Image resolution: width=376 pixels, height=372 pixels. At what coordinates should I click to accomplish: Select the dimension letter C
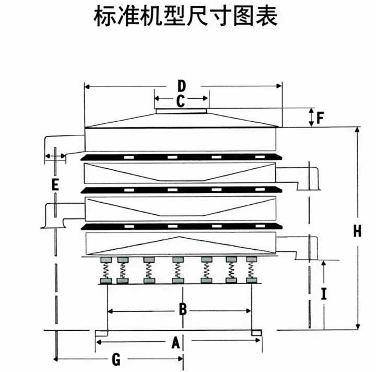180,101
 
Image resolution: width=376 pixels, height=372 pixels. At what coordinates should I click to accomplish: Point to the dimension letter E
55,184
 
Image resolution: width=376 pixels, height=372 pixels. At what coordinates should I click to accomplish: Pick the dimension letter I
324,294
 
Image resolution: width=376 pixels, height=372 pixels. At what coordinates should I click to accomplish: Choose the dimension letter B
183,310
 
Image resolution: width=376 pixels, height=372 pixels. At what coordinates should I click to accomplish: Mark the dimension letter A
176,342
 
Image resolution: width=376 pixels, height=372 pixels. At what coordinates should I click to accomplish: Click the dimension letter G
116,359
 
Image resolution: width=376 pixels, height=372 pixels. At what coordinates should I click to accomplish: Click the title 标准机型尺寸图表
185,18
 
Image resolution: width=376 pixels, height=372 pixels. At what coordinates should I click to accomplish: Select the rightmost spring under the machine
252,271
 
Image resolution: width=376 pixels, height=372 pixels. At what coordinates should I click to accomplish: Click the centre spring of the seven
178,271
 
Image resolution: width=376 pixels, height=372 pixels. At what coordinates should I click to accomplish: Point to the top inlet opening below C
181,110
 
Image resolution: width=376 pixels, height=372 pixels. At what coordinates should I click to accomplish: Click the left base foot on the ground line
101,332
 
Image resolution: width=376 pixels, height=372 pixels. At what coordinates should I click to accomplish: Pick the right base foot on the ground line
256,332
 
